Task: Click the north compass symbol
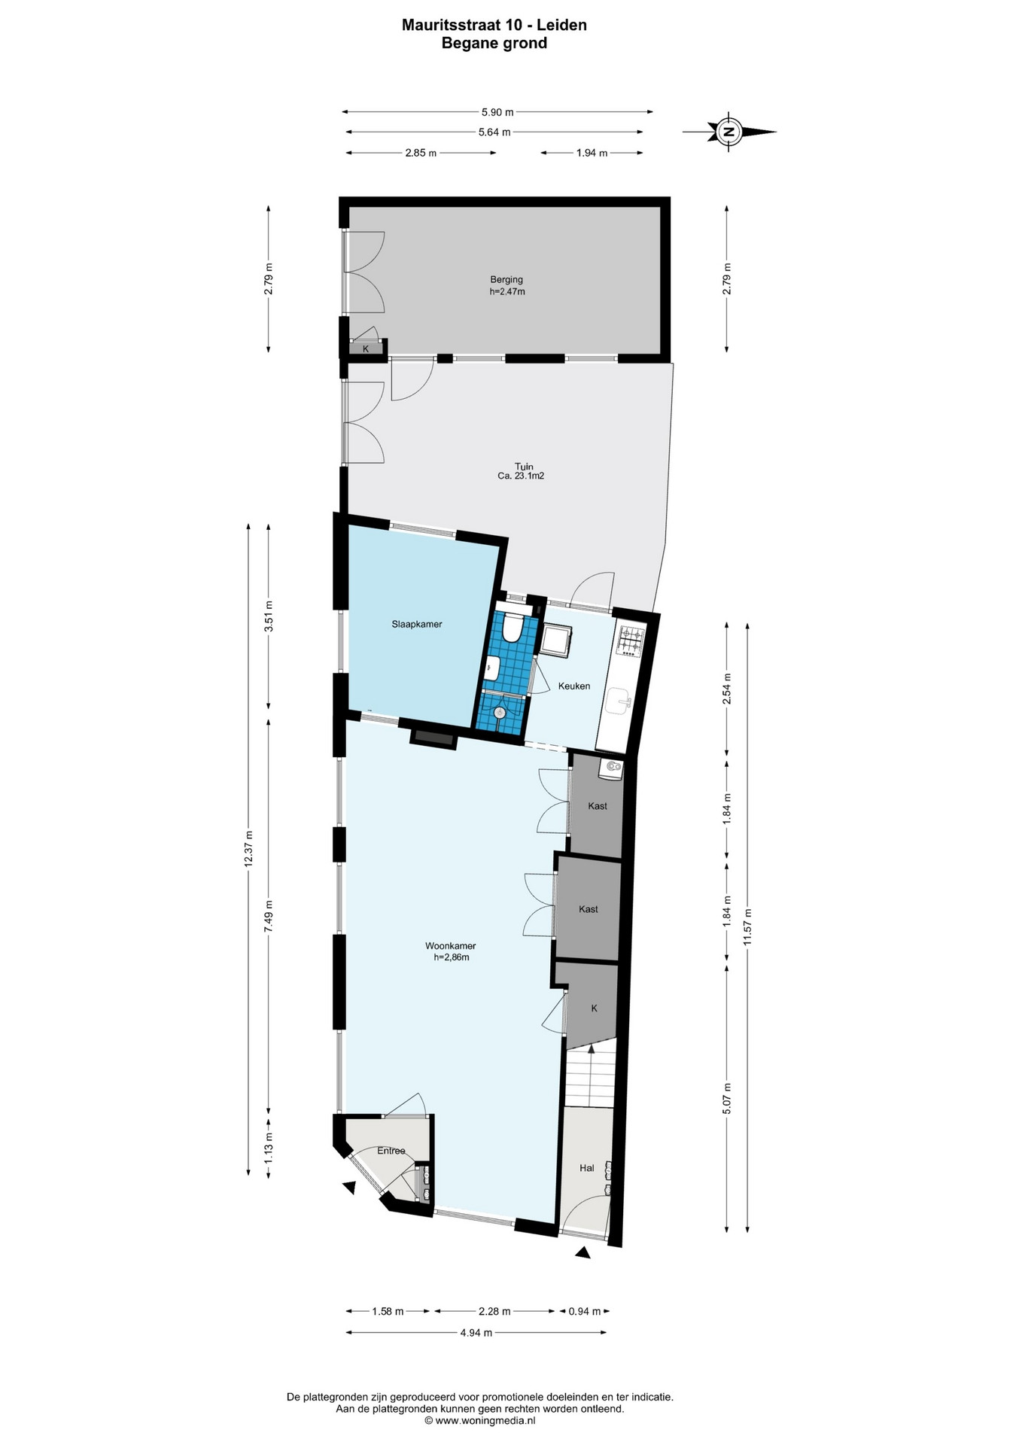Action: coord(728,132)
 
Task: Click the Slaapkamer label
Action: coord(416,624)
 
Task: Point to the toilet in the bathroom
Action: coord(513,628)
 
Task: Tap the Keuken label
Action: coord(573,686)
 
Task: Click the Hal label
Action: coord(587,1168)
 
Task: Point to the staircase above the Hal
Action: coord(591,1075)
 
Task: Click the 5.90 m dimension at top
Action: coord(497,112)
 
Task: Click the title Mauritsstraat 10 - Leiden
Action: coord(494,25)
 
